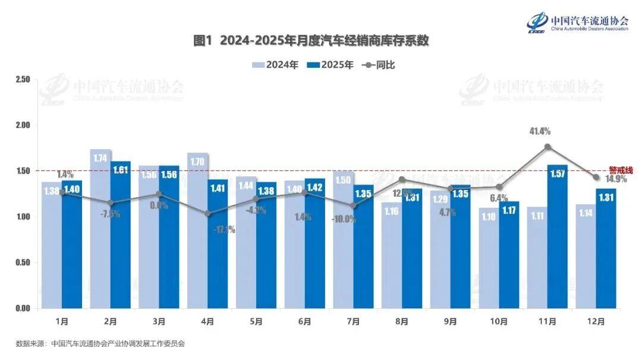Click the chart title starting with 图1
(x=311, y=41)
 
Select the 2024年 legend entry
(x=275, y=65)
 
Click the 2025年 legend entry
(x=331, y=65)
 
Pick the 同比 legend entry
(x=377, y=65)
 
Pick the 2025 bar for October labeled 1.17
(x=509, y=255)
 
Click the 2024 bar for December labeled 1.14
(x=586, y=256)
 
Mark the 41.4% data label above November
(x=540, y=131)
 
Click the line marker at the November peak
(x=547, y=147)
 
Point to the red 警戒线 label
(x=621, y=170)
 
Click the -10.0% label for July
(x=344, y=219)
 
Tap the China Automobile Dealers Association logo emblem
(x=538, y=21)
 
